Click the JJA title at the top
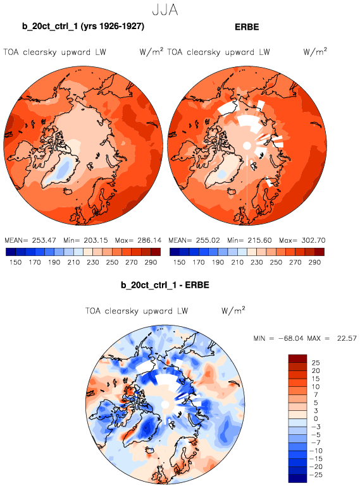165,10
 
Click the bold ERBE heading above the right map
247,27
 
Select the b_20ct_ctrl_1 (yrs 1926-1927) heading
83,27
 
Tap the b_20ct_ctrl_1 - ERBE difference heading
164,285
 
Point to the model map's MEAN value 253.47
44,240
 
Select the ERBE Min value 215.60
259,240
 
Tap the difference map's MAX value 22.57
347,338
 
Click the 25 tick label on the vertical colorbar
316,363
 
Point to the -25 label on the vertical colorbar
316,475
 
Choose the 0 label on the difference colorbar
316,418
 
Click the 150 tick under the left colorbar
16,262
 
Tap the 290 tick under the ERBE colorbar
314,262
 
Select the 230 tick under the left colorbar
93,262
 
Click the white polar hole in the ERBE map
247,145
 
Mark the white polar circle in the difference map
165,405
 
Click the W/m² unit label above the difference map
233,310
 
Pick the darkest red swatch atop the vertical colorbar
297,358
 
